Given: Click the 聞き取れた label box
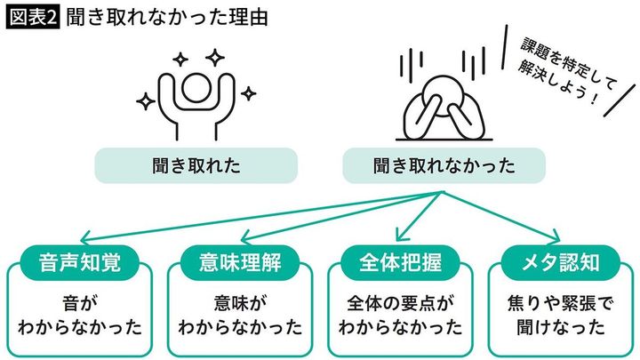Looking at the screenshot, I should click(x=196, y=164).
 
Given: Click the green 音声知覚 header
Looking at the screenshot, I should click(x=80, y=261).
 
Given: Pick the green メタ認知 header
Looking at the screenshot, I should click(x=558, y=261).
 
